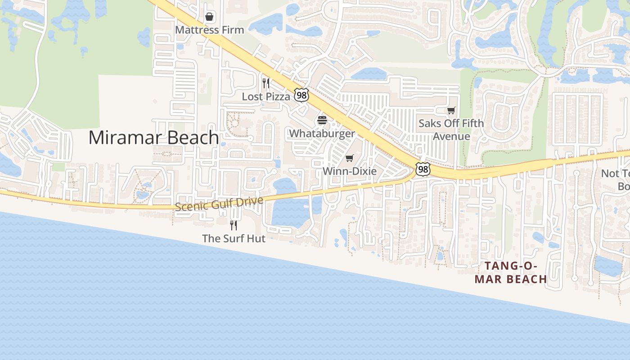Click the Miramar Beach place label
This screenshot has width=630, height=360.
153,137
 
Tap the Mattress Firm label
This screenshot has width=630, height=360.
209,30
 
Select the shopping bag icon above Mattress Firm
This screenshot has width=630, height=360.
209,17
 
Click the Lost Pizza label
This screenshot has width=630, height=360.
266,97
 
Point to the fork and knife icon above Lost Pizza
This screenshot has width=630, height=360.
266,83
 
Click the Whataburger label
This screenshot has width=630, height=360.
322,134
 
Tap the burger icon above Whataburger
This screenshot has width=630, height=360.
322,120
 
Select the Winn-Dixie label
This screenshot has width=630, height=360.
350,171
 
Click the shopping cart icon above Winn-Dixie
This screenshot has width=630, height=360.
350,158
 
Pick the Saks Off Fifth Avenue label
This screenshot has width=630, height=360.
451,130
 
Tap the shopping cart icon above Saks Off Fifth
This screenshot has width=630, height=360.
451,110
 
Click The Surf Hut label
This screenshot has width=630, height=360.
234,238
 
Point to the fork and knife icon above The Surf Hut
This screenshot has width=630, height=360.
234,225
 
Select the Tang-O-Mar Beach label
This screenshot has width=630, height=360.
511,273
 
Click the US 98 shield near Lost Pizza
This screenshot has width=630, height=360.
301,95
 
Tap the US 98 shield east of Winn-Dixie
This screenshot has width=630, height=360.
423,169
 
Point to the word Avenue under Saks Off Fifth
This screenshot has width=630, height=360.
451,136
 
